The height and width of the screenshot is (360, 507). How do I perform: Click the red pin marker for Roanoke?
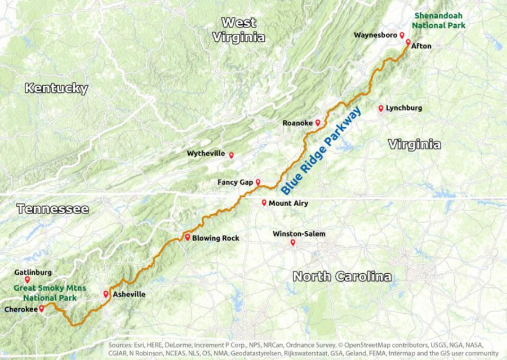coord(318,122)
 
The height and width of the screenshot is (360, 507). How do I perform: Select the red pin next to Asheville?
coord(106,294)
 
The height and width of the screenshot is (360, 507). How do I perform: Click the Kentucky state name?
coord(56,88)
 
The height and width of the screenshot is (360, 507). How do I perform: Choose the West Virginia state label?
coord(238,30)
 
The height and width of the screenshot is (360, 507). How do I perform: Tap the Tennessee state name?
coord(52,209)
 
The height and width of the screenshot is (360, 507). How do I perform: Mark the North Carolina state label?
coord(342,277)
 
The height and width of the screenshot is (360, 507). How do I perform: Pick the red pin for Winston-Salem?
coord(293,243)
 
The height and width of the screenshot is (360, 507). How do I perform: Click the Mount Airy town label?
coord(288,203)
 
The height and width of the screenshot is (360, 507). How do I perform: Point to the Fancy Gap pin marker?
coord(258,182)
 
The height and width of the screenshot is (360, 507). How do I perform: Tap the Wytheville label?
coord(206,153)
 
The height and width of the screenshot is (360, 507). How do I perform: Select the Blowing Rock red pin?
coord(188,237)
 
